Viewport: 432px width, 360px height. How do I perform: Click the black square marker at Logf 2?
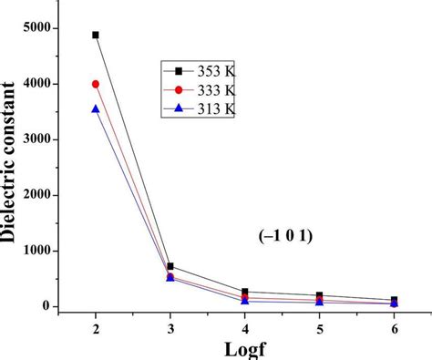(96, 35)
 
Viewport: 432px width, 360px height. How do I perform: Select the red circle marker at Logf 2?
(96, 84)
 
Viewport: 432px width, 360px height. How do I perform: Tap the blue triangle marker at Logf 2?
(96, 108)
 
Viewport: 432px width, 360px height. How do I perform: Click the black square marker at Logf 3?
(170, 266)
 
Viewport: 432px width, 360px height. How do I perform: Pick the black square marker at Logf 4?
(244, 293)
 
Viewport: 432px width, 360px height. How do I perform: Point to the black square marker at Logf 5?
(319, 295)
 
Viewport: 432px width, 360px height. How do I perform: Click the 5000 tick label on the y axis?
(36, 28)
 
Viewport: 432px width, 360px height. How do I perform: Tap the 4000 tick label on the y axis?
(36, 84)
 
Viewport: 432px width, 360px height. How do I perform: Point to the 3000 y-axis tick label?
(36, 139)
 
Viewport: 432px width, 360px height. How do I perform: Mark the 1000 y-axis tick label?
(36, 251)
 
